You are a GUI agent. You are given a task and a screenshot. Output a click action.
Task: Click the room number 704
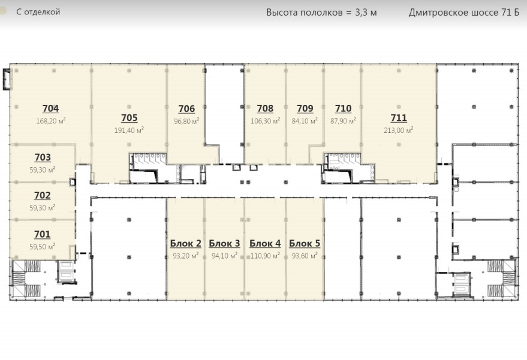[50, 108]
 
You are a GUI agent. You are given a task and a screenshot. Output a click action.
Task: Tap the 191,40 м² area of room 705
[129, 130]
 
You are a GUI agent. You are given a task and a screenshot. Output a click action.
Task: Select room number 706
[186, 109]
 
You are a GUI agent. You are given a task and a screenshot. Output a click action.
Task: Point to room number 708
[265, 108]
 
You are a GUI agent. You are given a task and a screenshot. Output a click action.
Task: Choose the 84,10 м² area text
[305, 120]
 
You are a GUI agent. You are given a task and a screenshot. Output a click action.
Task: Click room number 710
[343, 108]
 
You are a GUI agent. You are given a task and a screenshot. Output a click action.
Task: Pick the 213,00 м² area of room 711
[399, 130]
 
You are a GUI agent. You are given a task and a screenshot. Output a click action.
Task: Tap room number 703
[43, 158]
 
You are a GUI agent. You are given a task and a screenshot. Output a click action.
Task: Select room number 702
[43, 195]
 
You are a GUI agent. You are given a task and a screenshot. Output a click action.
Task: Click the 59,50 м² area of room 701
[43, 247]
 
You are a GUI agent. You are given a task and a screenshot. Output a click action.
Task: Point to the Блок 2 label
[185, 243]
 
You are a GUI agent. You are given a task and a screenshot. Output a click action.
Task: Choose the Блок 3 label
[224, 243]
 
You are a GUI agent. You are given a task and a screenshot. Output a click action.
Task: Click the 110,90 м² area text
[265, 256]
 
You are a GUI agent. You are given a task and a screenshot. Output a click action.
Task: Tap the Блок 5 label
[305, 243]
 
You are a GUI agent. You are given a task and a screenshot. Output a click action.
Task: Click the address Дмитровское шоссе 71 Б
[464, 13]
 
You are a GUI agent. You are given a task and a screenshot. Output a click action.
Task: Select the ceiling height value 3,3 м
[366, 13]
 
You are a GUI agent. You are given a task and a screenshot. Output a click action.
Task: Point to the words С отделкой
[38, 12]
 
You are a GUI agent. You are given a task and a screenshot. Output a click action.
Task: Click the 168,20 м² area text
[51, 120]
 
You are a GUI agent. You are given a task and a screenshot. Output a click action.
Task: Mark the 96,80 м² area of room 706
[186, 121]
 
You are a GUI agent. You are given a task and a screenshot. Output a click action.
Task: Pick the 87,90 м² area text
[343, 120]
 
